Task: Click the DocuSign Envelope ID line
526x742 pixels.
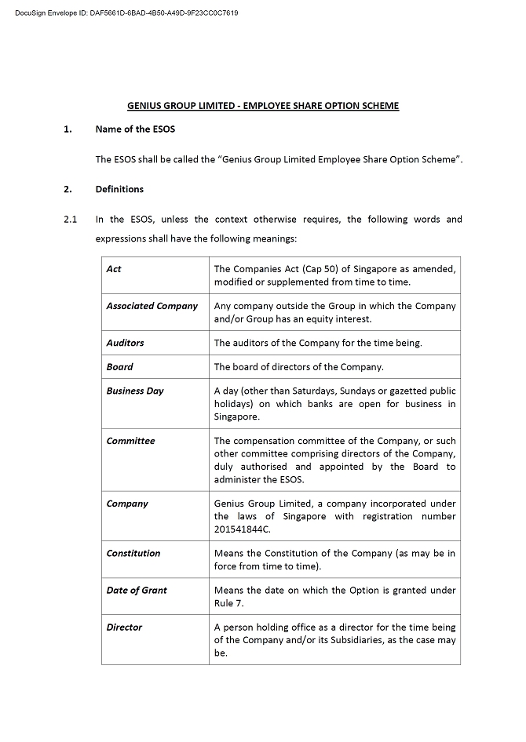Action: [126, 13]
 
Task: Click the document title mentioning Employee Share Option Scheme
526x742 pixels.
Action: [263, 106]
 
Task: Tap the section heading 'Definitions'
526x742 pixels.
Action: [119, 189]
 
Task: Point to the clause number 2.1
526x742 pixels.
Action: [70, 220]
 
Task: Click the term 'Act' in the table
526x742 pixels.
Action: [114, 269]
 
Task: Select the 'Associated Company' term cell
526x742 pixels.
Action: [152, 306]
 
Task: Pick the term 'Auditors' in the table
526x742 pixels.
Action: [126, 343]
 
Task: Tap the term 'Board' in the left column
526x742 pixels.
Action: [120, 366]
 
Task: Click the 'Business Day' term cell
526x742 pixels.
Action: [135, 391]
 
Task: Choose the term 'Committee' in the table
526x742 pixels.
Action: [131, 441]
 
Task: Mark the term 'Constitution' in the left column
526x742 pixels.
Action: [133, 553]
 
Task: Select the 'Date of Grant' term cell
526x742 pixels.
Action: [137, 590]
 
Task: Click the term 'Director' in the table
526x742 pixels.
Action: [125, 627]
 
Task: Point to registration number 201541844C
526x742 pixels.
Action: [242, 529]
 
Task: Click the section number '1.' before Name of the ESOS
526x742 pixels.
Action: [68, 129]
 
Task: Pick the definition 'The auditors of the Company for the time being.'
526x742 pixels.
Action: [318, 343]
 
